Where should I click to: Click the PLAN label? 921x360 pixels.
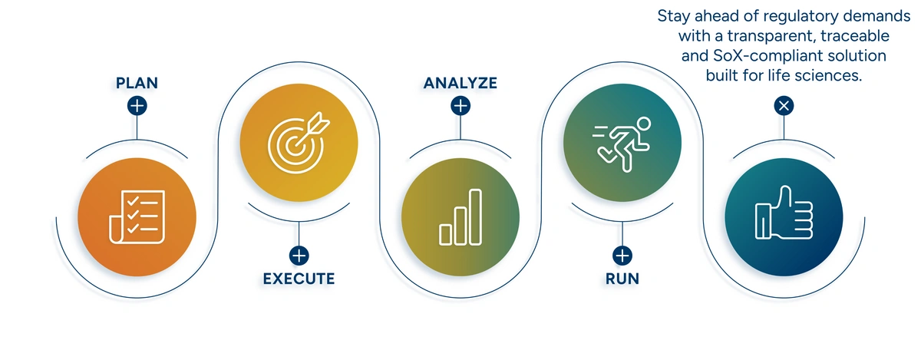[137, 83]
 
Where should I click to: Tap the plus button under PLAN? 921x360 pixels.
[137, 106]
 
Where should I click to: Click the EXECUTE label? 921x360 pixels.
[299, 279]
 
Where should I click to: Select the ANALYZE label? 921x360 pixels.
[460, 83]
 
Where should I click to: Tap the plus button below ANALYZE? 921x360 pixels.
[460, 106]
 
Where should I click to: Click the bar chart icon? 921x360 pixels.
[460, 218]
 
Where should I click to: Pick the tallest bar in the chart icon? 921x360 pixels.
[476, 217]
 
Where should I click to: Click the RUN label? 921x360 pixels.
[622, 279]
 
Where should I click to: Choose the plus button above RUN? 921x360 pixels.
[622, 256]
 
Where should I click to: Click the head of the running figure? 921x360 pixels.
[642, 123]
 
